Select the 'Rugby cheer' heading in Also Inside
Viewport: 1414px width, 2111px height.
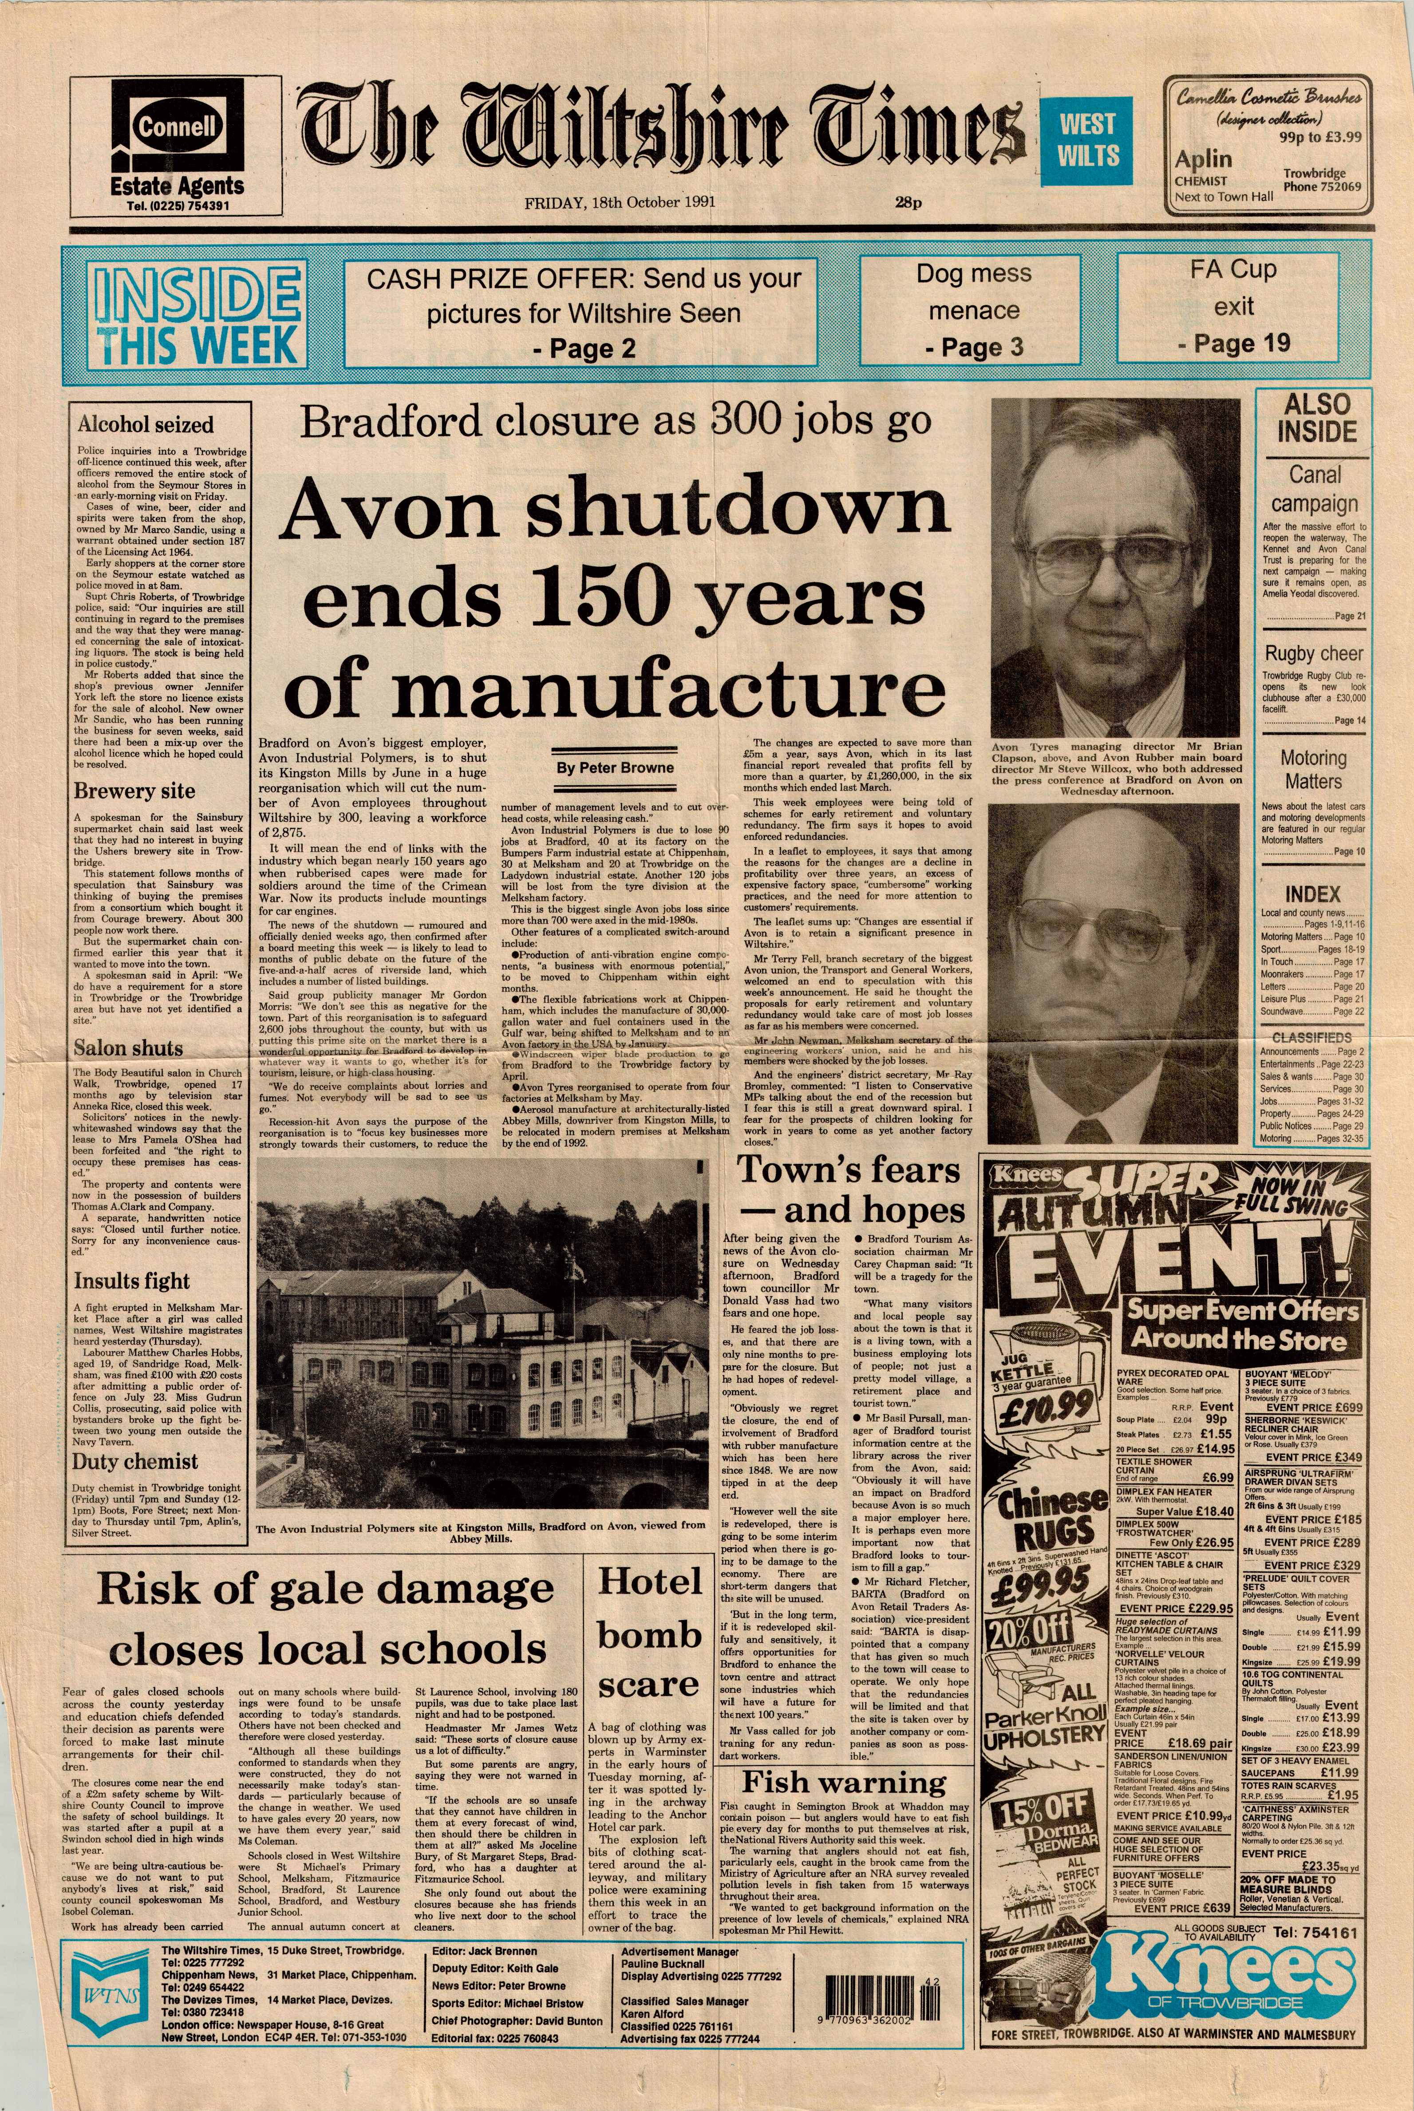[x=1313, y=654]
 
